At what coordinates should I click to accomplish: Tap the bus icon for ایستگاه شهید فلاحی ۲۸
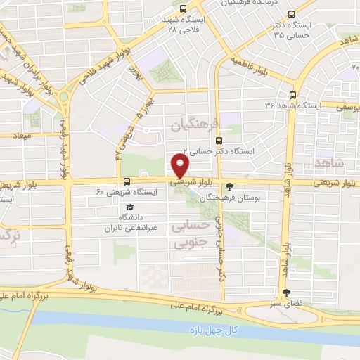click(x=184, y=10)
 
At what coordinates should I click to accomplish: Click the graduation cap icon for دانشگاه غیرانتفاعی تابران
click(x=129, y=207)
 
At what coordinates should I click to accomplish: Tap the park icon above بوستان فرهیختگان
click(x=230, y=187)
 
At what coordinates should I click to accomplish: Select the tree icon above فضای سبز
click(x=285, y=292)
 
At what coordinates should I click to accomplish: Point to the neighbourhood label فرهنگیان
click(x=190, y=124)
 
